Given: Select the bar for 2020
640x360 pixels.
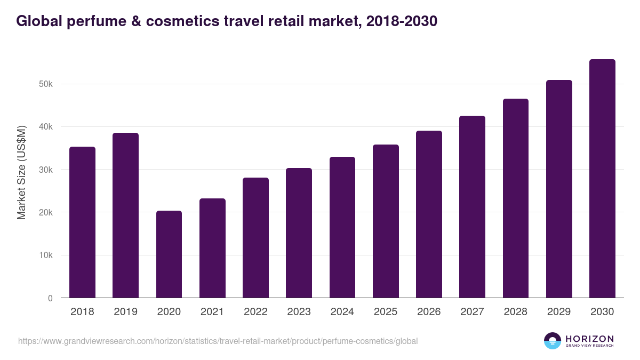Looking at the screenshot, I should (169, 254).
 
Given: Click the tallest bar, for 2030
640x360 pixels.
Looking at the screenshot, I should (602, 179).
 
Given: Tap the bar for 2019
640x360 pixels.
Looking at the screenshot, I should (125, 215).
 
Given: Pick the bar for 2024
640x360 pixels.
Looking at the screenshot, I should (342, 227).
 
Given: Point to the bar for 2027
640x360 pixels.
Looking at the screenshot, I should (472, 207).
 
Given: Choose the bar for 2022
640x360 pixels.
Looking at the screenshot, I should (255, 238).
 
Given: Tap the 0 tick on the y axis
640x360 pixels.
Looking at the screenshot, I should (50, 298).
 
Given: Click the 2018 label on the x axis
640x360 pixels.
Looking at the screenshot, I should (82, 312).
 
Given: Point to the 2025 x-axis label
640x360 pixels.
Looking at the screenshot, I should (386, 312).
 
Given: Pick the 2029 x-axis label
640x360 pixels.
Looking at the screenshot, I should (559, 312).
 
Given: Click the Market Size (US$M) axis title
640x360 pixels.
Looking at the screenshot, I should (21, 172).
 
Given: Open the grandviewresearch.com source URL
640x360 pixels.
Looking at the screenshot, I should (218, 341).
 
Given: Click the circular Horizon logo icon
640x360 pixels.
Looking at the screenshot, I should (553, 341).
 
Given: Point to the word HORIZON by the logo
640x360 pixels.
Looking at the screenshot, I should (589, 338).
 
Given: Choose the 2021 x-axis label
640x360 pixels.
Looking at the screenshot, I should (212, 312).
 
